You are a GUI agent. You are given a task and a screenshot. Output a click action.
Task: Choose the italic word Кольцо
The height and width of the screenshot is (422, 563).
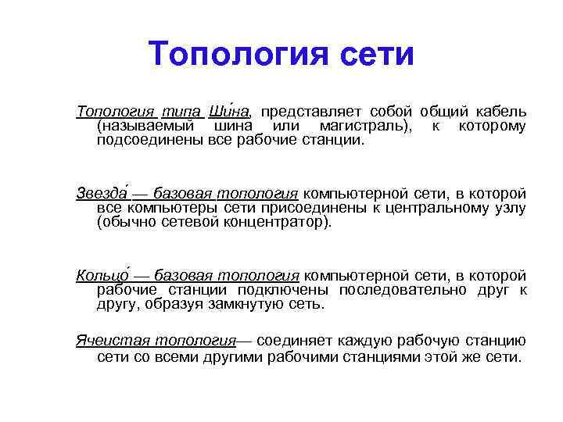[x=100, y=275]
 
